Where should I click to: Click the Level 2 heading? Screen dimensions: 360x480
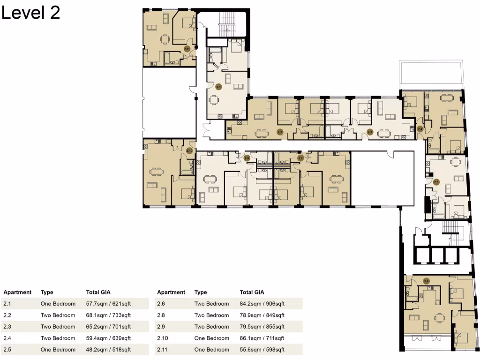click(30, 13)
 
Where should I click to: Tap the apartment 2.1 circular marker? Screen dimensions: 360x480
click(218, 87)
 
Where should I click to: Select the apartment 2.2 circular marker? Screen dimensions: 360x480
click(280, 132)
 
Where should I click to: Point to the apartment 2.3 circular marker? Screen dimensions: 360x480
click(370, 132)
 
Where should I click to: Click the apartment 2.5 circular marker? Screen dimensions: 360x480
click(436, 182)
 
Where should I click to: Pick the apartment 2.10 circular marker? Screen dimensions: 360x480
click(189, 150)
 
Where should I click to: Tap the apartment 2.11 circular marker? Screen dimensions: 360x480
click(187, 49)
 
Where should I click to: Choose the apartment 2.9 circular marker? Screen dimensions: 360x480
click(247, 158)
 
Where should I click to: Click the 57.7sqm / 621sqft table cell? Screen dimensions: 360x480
click(108, 304)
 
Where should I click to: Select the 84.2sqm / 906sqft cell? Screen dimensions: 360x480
click(262, 304)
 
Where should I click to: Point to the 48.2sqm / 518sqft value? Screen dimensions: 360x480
click(108, 350)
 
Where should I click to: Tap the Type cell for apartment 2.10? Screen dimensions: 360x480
click(212, 338)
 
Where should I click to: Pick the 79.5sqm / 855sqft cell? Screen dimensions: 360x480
click(262, 327)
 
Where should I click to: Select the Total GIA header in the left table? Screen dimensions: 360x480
click(98, 292)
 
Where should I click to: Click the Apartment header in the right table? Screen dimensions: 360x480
click(171, 292)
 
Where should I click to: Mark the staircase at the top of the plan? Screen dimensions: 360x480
click(227, 24)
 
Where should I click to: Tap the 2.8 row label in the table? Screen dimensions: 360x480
click(161, 315)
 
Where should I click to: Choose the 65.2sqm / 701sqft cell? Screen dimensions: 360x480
click(108, 327)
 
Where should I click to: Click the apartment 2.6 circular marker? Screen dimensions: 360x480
click(426, 281)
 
